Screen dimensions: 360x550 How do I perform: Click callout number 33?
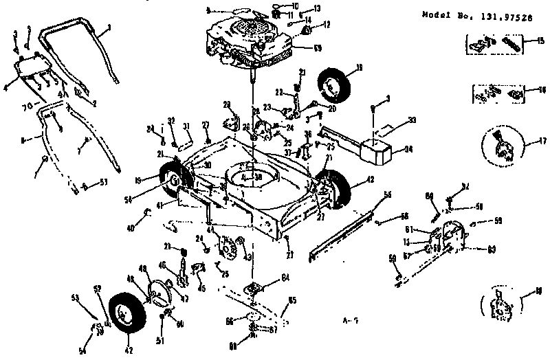[412, 121]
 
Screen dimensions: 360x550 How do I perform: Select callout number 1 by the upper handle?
[109, 30]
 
